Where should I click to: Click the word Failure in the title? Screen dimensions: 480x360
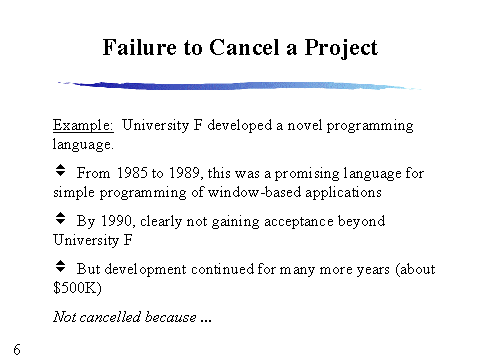tap(140, 47)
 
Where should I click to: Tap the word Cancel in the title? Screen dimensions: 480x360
tap(244, 47)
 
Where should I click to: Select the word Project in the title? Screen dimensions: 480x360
tap(341, 49)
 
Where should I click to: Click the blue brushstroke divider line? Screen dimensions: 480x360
tap(239, 85)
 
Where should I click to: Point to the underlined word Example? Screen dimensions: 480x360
tap(83, 126)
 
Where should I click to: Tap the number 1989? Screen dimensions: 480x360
tap(185, 173)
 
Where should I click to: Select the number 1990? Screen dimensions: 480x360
tap(117, 221)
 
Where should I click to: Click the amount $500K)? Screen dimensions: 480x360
tap(77, 288)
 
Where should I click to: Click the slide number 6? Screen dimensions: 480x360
tap(17, 349)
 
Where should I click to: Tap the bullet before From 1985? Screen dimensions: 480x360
tap(60, 170)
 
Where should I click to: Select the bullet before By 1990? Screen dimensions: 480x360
tap(60, 218)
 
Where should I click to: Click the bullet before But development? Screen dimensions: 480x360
tap(60, 266)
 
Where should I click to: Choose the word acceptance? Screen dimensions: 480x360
tap(299, 222)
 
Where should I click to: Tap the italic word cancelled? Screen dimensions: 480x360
tap(110, 317)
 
